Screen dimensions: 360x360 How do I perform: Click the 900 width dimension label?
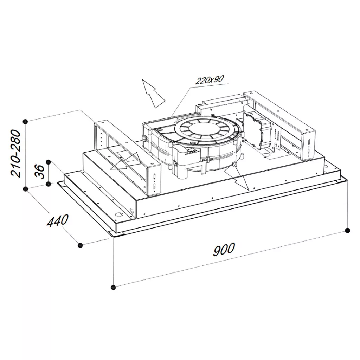(224, 249)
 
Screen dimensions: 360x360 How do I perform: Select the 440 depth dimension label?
(58, 220)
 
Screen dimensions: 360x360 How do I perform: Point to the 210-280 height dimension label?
(16, 153)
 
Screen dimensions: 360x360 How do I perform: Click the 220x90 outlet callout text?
(209, 80)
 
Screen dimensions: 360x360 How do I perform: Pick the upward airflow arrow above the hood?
(154, 94)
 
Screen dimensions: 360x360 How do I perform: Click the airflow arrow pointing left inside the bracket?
(126, 161)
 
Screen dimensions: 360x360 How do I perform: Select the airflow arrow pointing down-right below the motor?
(237, 178)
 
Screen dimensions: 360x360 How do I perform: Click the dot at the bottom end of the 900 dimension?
(113, 287)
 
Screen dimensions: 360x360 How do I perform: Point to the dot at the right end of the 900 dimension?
(348, 230)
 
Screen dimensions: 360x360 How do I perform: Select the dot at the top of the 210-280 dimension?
(26, 121)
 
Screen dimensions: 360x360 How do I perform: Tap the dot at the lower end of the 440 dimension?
(80, 245)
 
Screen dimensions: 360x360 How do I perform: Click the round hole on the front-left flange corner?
(119, 215)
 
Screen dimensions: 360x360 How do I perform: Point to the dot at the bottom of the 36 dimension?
(49, 184)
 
